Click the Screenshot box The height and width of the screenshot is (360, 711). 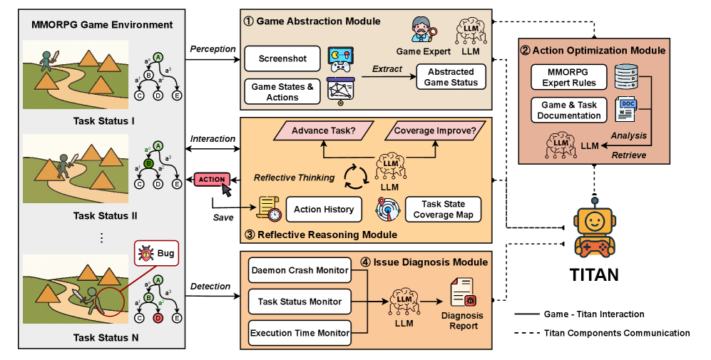282,58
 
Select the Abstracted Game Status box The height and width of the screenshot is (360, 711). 451,77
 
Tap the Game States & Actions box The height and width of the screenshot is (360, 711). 282,92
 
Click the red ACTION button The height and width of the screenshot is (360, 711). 210,179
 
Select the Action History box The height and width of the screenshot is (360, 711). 324,210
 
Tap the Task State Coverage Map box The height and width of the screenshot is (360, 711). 444,210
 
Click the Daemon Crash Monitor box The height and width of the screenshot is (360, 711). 300,270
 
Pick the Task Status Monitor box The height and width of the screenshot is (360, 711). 300,302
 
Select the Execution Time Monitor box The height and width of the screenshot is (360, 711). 300,332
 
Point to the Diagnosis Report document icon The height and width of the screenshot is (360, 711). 462,294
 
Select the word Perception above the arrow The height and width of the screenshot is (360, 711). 213,48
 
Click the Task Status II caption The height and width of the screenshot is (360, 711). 104,215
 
